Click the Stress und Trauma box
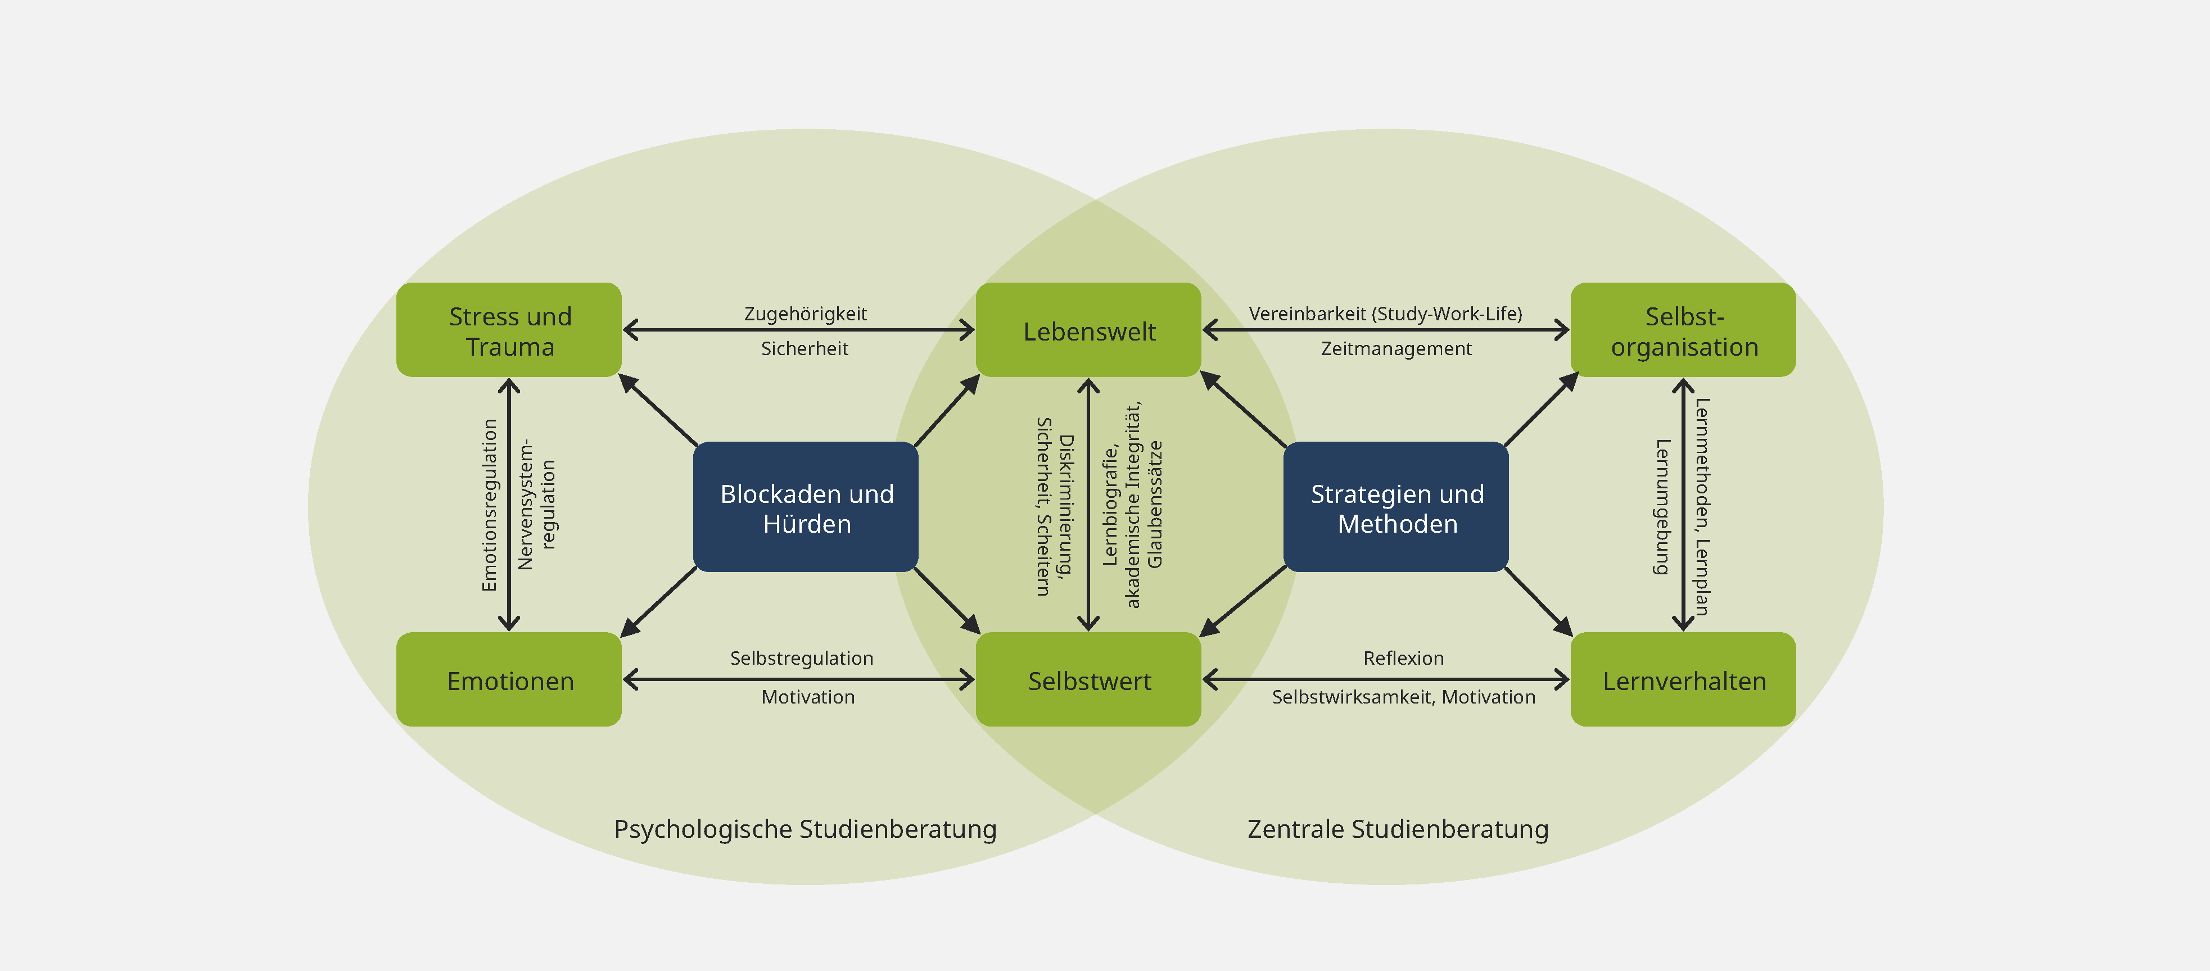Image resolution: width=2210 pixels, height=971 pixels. [509, 330]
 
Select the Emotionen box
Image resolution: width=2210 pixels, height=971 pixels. [509, 680]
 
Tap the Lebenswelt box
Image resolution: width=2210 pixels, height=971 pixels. [1089, 330]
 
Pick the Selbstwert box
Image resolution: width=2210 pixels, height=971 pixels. [1089, 680]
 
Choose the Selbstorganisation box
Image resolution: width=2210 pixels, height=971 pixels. [1683, 330]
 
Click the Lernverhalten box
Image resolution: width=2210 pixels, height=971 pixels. [1683, 680]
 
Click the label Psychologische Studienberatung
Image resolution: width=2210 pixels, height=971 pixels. [805, 829]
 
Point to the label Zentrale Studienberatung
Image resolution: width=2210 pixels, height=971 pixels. [1398, 829]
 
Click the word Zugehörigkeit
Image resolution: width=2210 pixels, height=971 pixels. [805, 314]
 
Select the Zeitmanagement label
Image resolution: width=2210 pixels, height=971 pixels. [1396, 349]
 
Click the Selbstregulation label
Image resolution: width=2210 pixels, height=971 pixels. [801, 658]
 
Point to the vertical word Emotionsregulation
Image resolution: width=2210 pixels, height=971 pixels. [490, 505]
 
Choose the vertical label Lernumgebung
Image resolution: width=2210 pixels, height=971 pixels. [1662, 507]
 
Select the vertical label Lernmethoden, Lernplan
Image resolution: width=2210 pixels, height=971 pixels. [1703, 507]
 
